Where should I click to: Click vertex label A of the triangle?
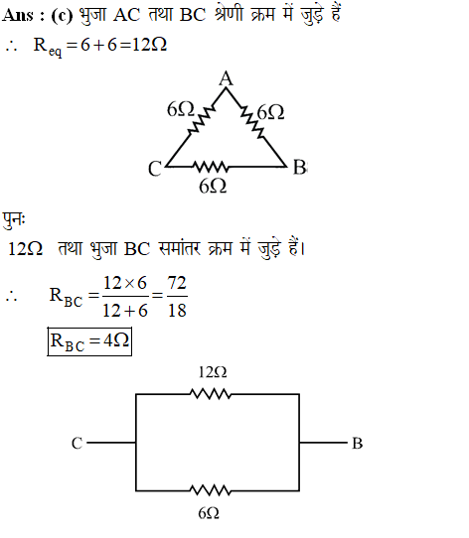pos(227,78)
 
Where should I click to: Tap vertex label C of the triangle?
pos(155,169)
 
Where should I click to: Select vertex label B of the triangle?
pos(299,168)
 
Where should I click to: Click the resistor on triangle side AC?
pos(202,119)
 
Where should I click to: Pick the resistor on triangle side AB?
pos(252,121)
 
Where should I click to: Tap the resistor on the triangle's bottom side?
pos(211,167)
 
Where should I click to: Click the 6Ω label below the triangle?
pos(213,187)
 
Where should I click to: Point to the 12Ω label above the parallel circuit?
pos(213,372)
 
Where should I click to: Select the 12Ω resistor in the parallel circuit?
pos(211,394)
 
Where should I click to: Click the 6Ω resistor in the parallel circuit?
pos(211,490)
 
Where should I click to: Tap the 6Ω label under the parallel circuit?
pos(209,513)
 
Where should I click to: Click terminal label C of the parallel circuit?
pos(77,443)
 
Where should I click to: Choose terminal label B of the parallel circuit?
pos(358,443)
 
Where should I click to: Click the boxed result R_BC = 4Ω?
pos(89,341)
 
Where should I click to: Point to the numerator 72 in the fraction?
pos(177,283)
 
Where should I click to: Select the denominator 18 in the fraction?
pos(177,310)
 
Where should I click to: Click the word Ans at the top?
pos(18,16)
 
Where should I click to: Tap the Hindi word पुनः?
pos(14,220)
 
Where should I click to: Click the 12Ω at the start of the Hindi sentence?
pos(25,248)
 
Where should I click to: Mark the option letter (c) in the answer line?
pos(62,16)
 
